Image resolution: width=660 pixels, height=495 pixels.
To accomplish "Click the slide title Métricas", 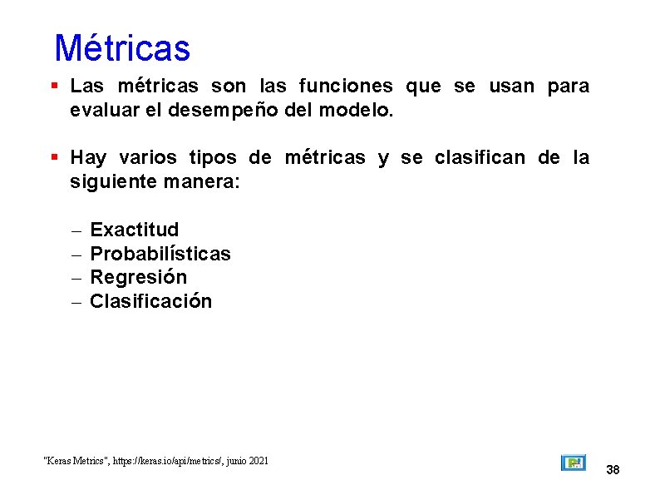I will click(x=122, y=48).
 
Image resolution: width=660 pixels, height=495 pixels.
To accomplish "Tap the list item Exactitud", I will click(x=134, y=230).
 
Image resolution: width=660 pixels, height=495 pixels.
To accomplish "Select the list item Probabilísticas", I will click(x=160, y=254).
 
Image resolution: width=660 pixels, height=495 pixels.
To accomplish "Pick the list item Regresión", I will click(x=138, y=277).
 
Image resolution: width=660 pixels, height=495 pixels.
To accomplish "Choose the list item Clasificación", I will click(x=150, y=301).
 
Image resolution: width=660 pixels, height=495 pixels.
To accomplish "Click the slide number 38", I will click(x=613, y=470).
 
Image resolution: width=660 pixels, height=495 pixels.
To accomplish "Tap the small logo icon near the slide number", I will click(x=573, y=463).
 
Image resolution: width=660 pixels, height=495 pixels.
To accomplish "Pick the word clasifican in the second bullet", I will click(x=480, y=158).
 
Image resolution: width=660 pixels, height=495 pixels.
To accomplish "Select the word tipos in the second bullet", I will click(x=213, y=158).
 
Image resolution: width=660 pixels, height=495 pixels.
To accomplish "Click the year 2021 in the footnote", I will click(x=258, y=460).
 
